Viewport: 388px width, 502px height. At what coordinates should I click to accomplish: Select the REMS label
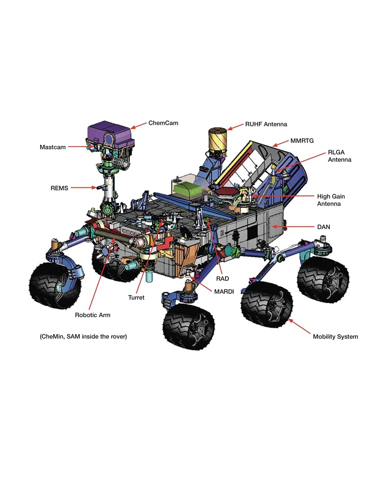59,188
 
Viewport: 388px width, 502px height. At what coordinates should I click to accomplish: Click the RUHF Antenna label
266,124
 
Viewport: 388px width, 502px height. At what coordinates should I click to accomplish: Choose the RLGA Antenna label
339,156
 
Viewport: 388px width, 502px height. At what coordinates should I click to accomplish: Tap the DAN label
323,227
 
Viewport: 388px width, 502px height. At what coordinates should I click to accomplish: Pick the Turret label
136,298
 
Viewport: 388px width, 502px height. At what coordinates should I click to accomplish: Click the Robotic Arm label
92,315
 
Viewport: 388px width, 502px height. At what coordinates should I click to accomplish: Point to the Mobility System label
335,336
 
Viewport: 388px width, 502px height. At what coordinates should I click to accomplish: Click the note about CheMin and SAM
83,336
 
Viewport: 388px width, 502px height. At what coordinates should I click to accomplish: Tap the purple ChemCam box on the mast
109,134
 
